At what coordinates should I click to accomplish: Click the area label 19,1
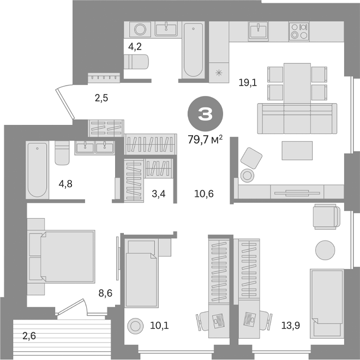[248, 83]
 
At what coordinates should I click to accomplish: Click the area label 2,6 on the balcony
[29, 336]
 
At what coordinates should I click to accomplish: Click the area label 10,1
[159, 326]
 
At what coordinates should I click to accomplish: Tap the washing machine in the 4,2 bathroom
[140, 29]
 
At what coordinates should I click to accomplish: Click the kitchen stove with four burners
[298, 31]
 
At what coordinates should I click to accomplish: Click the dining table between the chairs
[297, 82]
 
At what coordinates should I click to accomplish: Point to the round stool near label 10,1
[134, 326]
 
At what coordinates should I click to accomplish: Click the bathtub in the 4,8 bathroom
[37, 169]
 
